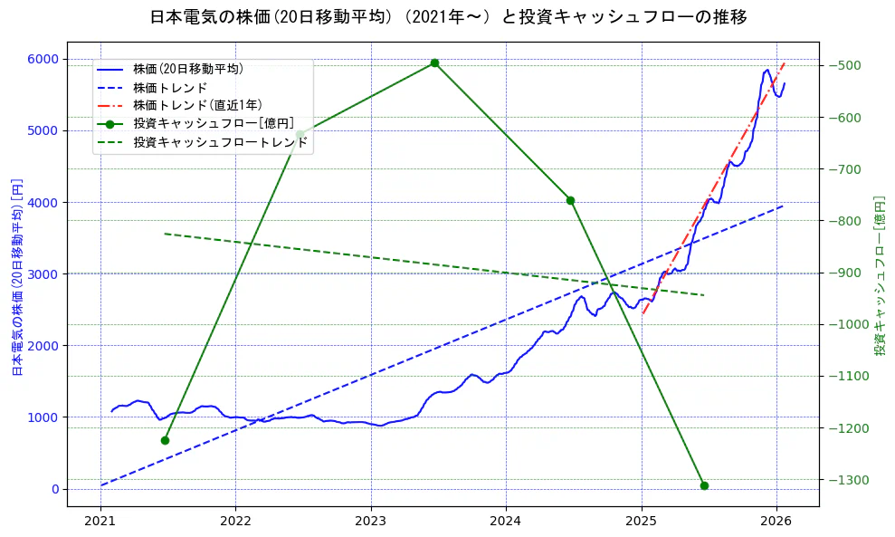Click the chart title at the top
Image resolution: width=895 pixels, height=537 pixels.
click(x=448, y=17)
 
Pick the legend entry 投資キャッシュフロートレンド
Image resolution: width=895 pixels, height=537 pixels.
click(x=220, y=142)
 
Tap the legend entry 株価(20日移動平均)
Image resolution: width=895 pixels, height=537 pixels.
click(x=187, y=68)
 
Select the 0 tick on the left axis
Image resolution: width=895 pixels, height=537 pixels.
click(x=54, y=489)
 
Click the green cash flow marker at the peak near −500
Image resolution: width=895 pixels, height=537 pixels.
click(x=434, y=62)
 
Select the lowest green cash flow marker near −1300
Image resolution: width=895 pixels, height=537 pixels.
click(x=704, y=485)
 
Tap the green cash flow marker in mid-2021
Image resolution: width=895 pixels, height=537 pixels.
click(x=165, y=440)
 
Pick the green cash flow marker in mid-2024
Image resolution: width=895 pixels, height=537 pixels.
click(x=570, y=200)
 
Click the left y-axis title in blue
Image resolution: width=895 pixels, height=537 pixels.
click(x=16, y=276)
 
